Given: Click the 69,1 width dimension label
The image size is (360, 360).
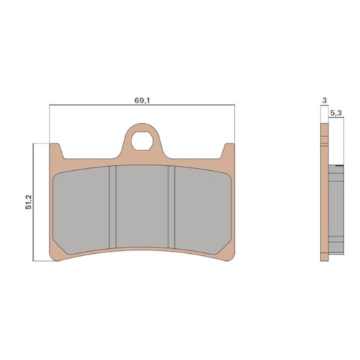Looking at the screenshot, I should point(141,101).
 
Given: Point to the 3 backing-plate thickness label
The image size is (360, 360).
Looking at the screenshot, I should point(323,101).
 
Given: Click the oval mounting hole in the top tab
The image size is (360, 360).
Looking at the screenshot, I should point(144,139).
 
